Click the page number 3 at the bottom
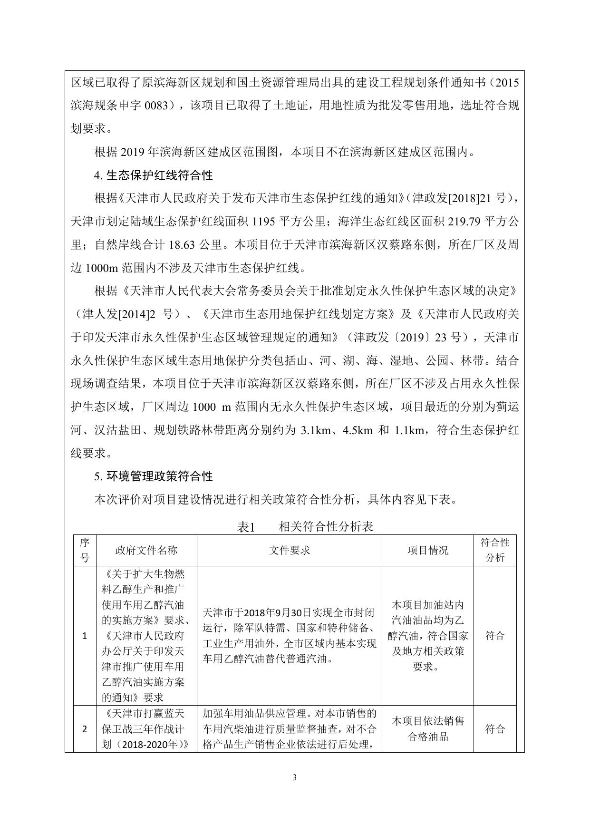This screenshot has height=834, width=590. (x=294, y=777)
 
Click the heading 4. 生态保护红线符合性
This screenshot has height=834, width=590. (x=153, y=175)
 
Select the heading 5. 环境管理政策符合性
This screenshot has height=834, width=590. (x=153, y=476)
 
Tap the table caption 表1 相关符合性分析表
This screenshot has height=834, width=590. (x=305, y=526)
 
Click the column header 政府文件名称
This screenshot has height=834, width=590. (x=146, y=550)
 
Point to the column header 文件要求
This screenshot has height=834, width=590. (x=289, y=550)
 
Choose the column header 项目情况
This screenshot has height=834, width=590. (x=427, y=550)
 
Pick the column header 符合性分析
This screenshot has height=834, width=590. (x=494, y=550)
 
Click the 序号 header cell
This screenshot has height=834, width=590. (x=85, y=550)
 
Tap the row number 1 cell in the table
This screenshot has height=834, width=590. (x=85, y=636)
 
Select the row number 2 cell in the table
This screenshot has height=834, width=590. (x=85, y=729)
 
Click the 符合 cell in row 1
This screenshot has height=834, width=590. (x=494, y=636)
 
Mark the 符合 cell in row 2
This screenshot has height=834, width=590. (x=494, y=729)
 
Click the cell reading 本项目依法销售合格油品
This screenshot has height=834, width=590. (x=427, y=729)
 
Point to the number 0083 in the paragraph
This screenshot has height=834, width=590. (x=156, y=106)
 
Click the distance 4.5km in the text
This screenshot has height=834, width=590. (x=358, y=431)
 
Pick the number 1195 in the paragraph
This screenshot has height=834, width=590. (x=262, y=222)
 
